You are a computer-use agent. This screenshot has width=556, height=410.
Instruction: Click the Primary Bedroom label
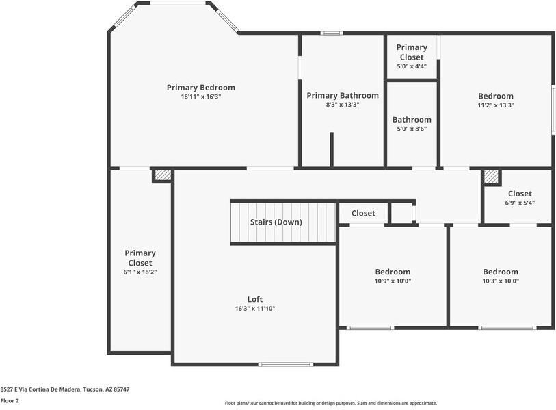[x=201, y=88]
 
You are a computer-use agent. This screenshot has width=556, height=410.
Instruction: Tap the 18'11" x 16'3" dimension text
[x=201, y=97]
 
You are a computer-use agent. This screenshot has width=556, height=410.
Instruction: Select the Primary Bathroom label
[x=342, y=96]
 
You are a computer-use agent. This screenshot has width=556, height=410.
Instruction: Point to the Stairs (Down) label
[x=276, y=222]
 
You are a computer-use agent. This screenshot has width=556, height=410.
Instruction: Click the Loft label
[x=254, y=299]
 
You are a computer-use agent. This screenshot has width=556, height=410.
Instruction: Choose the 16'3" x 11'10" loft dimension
[x=254, y=309]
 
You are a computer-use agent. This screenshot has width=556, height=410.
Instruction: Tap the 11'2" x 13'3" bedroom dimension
[x=496, y=105]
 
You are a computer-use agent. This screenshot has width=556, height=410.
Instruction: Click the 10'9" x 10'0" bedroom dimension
[x=393, y=281]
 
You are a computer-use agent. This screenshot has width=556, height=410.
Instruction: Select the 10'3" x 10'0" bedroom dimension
[x=501, y=281]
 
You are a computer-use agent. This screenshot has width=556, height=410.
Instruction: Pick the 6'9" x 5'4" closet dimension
[x=520, y=203]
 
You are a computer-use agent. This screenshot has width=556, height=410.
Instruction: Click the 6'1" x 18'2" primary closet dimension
[x=140, y=272]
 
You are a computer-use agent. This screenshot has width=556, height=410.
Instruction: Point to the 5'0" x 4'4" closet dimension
[x=412, y=66]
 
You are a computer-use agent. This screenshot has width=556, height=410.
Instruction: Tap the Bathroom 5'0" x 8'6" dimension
[x=412, y=129]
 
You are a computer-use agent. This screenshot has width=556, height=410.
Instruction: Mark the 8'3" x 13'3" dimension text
[x=342, y=105]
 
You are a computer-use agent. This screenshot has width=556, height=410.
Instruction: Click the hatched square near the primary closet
[x=162, y=176]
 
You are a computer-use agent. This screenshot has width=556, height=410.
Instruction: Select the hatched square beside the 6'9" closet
[x=492, y=177]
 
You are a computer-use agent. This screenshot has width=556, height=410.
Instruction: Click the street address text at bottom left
[x=65, y=389]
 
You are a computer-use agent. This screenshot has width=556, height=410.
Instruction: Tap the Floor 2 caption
[x=10, y=401]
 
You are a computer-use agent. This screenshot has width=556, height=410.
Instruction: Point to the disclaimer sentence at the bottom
[x=331, y=403]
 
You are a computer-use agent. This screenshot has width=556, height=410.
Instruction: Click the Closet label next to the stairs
[x=363, y=213]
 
